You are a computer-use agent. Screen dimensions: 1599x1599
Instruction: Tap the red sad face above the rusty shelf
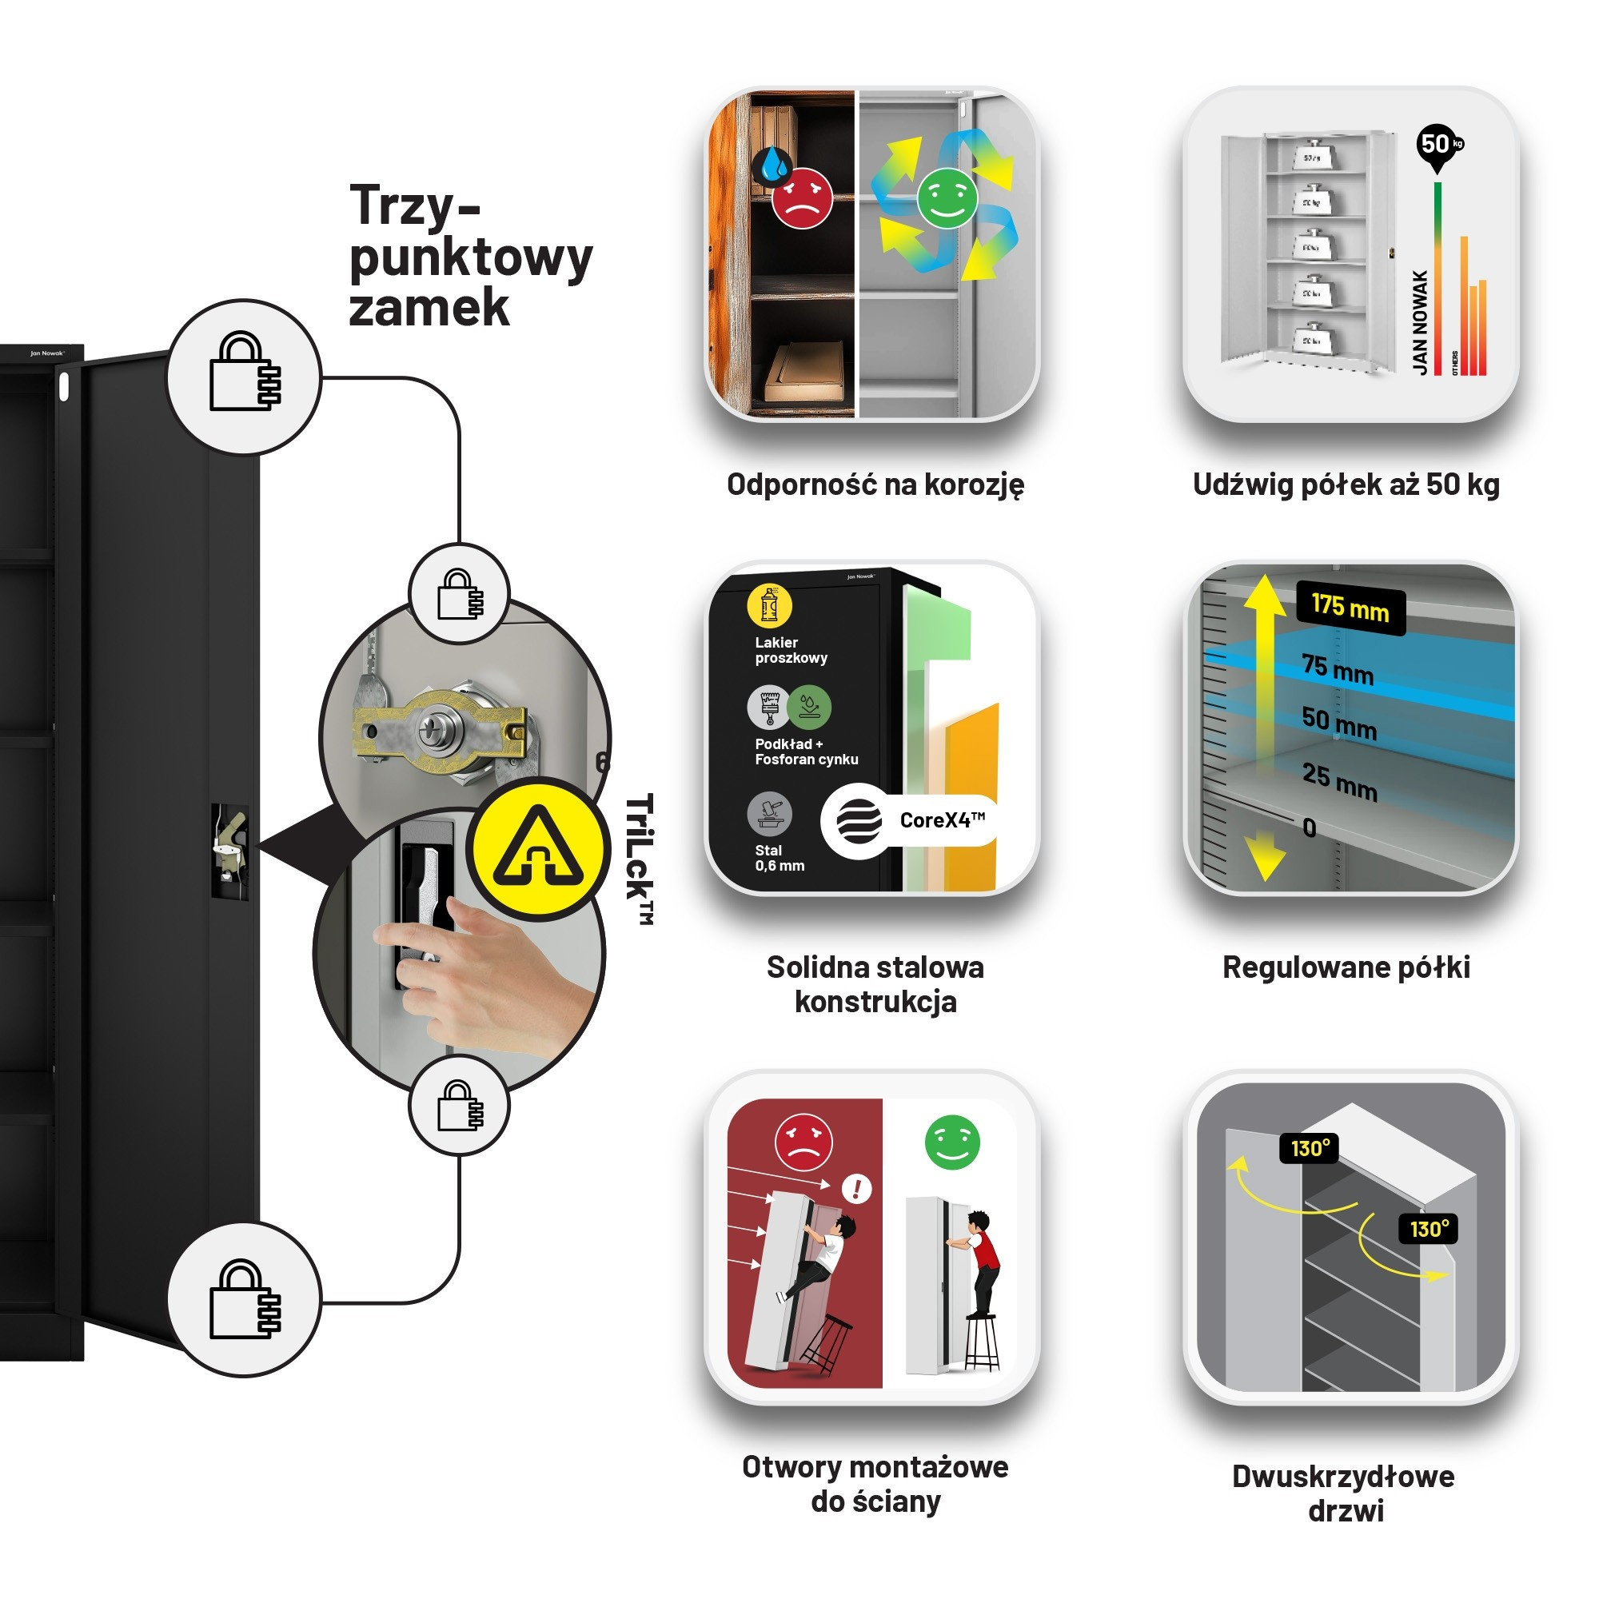pos(801,197)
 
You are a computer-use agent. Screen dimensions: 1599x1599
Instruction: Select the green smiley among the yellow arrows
pos(947,197)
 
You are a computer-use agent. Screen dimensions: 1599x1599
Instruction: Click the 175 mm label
pos(1350,608)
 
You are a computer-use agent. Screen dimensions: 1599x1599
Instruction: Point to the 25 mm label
pos(1338,781)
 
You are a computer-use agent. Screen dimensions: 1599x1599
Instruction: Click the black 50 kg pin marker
pos(1438,146)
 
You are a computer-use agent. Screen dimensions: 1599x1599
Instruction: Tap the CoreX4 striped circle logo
pos(858,820)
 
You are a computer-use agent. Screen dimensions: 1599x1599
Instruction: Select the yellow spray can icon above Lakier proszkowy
pos(769,606)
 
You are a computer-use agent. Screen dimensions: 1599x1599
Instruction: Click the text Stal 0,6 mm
pos(779,857)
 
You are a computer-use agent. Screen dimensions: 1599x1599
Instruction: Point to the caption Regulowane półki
pos(1346,967)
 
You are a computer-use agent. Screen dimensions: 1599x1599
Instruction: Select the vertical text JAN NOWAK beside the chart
pos(1420,323)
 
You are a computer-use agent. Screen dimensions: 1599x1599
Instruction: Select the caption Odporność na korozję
pos(875,484)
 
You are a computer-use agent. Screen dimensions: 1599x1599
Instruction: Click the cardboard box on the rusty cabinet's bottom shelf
pos(803,372)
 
